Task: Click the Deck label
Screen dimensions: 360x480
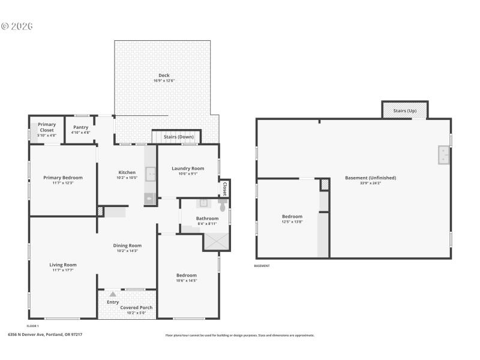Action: [164, 75]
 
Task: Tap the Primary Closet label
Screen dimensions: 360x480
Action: [47, 127]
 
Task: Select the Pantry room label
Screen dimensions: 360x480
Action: [81, 127]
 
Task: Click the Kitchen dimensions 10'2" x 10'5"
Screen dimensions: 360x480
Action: [127, 178]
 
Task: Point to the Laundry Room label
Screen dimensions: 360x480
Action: [188, 169]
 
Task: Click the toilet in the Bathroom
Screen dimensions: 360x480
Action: [223, 206]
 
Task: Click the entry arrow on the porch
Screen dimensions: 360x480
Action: [113, 294]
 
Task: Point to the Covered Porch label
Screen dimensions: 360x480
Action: [136, 307]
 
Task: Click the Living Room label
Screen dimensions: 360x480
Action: [63, 265]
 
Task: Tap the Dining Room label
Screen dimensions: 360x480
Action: [127, 245]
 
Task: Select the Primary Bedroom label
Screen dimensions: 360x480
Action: [63, 178]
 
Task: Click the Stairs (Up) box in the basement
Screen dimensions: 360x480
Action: [404, 110]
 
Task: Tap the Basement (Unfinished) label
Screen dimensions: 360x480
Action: [370, 178]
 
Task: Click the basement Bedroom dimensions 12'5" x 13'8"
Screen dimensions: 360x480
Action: [292, 222]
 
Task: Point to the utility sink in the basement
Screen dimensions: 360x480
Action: [443, 155]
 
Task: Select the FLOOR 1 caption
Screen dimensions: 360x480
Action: [32, 326]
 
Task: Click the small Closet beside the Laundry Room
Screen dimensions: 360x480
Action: [225, 188]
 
